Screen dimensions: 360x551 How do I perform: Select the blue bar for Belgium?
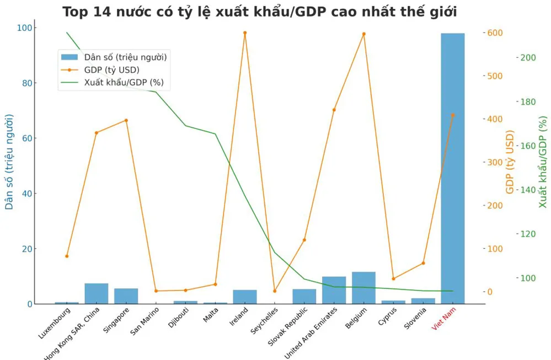click(x=363, y=287)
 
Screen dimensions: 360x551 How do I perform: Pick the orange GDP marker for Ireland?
click(x=245, y=33)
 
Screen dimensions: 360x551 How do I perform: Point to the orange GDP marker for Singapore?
click(x=126, y=120)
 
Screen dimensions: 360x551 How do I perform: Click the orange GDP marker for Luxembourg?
click(x=67, y=256)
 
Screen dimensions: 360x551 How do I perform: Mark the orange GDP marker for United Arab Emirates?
click(x=334, y=110)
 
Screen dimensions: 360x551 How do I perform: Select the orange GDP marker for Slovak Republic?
click(x=304, y=240)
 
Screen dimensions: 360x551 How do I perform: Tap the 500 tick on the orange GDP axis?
click(x=495, y=76)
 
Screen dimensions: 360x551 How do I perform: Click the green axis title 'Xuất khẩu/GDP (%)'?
click(x=543, y=162)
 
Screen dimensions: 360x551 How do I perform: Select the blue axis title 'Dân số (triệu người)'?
click(x=9, y=162)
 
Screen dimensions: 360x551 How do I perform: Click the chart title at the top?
click(x=259, y=12)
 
